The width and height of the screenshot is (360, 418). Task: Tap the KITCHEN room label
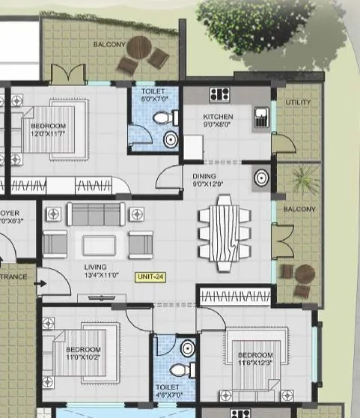pos(218,117)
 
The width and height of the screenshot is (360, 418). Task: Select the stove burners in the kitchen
pos(219,94)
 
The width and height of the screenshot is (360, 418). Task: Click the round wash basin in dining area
pos(261,178)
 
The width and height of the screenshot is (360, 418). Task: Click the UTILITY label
pos(297,102)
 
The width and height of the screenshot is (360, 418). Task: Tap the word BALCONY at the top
pos(109,45)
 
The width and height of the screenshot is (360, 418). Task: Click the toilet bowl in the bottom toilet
pos(176,371)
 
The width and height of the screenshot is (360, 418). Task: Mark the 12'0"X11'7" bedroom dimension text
pos(49,135)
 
